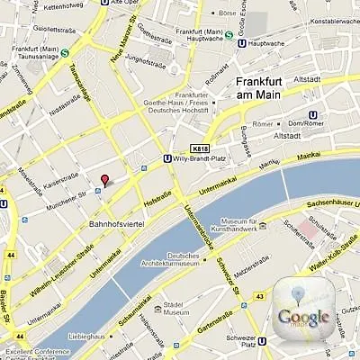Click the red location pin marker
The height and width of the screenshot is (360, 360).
pyautogui.click(x=104, y=180)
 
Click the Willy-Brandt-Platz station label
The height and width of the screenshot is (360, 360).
pyautogui.click(x=203, y=164)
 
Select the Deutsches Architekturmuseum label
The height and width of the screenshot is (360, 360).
pyautogui.click(x=175, y=259)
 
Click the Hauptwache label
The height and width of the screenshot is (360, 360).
pyautogui.click(x=266, y=41)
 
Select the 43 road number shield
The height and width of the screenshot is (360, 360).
pyautogui.click(x=259, y=295)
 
